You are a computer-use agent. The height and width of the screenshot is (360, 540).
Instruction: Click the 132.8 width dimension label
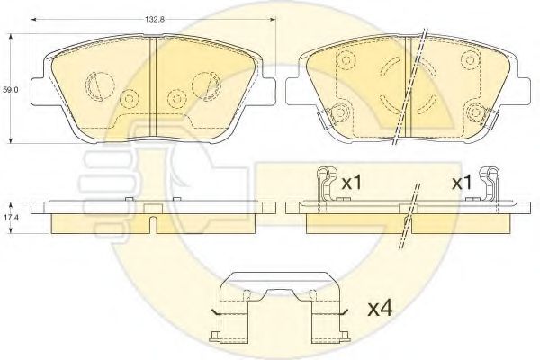click(155, 20)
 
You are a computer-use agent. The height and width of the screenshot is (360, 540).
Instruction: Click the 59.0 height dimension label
click(11, 90)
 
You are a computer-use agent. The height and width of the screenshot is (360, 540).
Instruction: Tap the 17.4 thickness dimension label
click(11, 218)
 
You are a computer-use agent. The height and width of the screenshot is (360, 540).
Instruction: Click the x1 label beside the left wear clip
click(351, 183)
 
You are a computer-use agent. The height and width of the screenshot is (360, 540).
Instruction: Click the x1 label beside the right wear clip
click(462, 183)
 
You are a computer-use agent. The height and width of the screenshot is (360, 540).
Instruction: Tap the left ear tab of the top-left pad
click(38, 90)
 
